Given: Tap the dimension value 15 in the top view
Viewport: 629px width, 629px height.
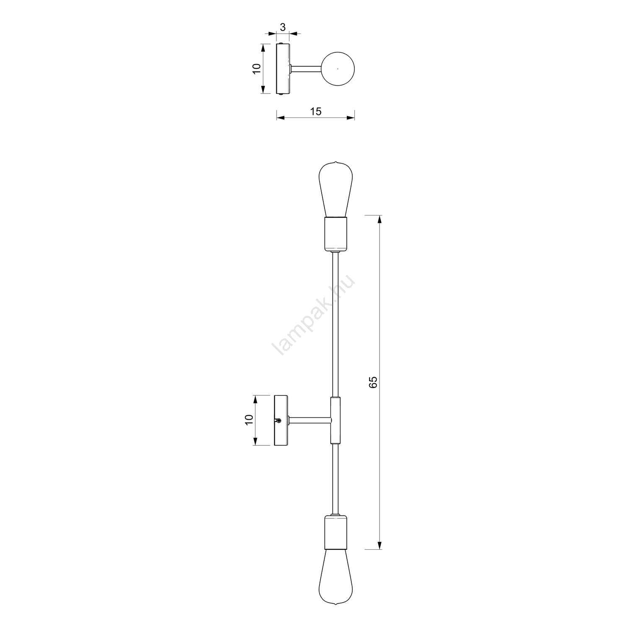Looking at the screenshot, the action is pos(315,111).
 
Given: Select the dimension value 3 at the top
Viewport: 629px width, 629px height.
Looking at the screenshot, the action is pos(283,27).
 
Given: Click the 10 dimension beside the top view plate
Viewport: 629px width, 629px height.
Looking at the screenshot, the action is pos(257,68).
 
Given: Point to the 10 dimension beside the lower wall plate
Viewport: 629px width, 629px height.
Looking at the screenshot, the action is pos(249,420).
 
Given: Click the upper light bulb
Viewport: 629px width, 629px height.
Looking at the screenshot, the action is pos(335,189).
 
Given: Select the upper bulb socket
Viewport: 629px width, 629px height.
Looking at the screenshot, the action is pos(335,234).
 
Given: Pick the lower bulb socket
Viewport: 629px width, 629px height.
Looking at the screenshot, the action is pos(335,532).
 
